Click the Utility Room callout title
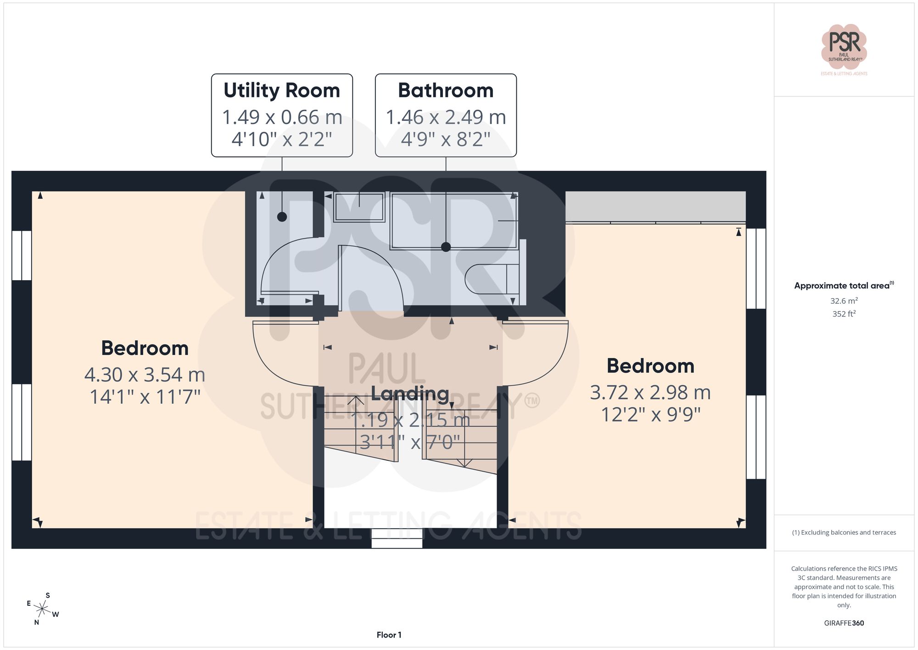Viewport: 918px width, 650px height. (x=281, y=90)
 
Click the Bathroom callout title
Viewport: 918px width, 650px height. (x=445, y=90)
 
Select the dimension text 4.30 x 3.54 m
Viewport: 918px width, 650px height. (x=145, y=375)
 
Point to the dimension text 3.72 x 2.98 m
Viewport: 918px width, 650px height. (x=650, y=393)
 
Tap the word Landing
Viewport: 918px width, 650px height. (x=410, y=394)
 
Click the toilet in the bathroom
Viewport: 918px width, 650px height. (x=491, y=279)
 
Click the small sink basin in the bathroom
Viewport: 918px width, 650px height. (x=359, y=207)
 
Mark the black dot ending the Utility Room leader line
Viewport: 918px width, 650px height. (x=282, y=217)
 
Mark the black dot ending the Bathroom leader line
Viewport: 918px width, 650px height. (x=446, y=247)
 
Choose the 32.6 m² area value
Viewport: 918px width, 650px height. (x=844, y=301)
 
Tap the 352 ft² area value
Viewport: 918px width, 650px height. (x=844, y=314)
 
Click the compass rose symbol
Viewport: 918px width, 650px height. (x=42, y=610)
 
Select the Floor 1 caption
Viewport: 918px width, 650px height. (x=389, y=635)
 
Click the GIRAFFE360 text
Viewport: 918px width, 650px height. (x=844, y=623)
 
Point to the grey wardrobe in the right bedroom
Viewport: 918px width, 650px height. (x=655, y=207)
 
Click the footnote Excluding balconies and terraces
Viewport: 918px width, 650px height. (x=844, y=532)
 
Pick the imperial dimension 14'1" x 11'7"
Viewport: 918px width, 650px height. (x=145, y=397)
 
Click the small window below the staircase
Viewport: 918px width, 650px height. (x=397, y=538)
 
